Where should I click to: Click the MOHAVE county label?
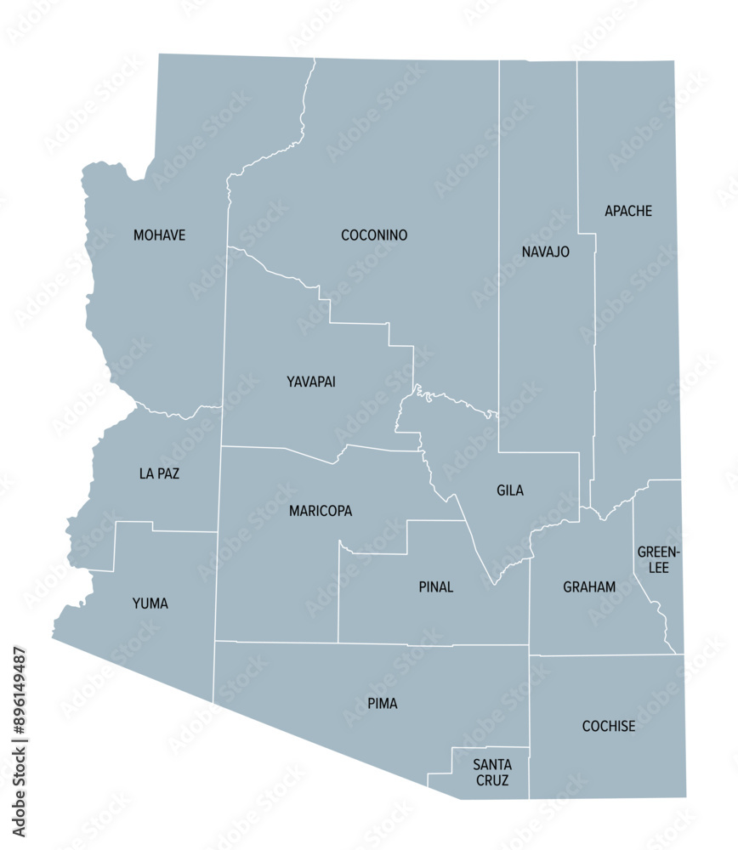tap(159, 235)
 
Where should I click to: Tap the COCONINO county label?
tap(374, 235)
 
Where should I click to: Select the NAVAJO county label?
tap(545, 252)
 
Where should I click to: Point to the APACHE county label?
tap(628, 211)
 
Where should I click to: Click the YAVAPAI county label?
tap(311, 382)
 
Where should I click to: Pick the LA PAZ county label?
tap(159, 473)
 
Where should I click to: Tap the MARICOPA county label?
tap(321, 511)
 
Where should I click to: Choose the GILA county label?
tap(510, 490)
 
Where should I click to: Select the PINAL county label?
tap(436, 587)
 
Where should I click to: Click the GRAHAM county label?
tap(589, 587)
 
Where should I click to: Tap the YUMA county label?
tap(150, 603)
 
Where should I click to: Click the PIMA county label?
tap(383, 704)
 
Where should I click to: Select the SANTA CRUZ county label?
tap(492, 773)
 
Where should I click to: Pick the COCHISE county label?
tap(609, 727)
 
